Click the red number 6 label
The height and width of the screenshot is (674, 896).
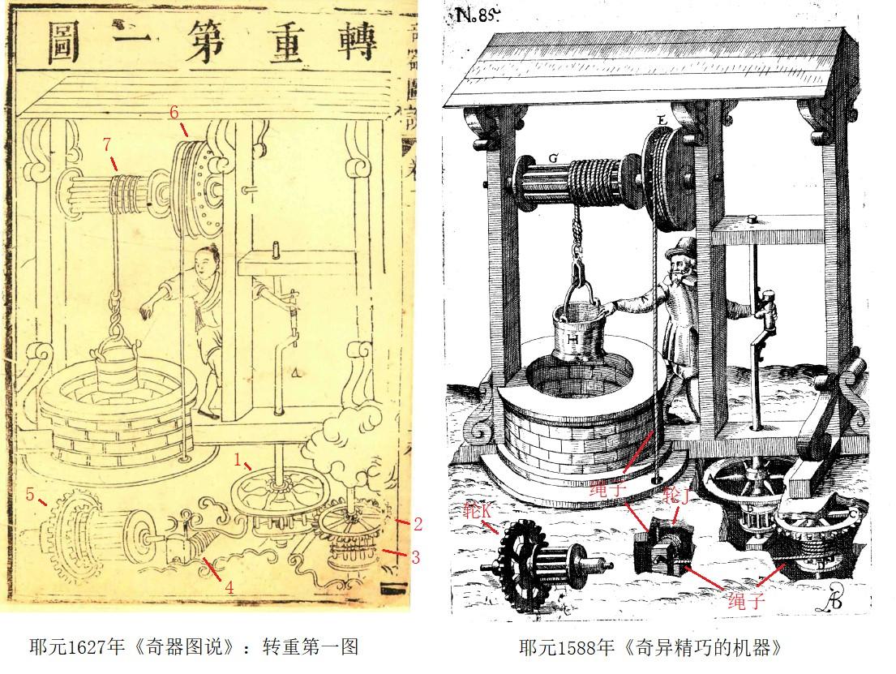(173, 112)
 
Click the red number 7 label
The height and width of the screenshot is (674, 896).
(106, 144)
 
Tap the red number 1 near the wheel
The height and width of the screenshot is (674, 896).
(238, 459)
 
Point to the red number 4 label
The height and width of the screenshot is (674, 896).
(229, 588)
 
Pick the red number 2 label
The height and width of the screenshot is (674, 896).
(418, 524)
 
